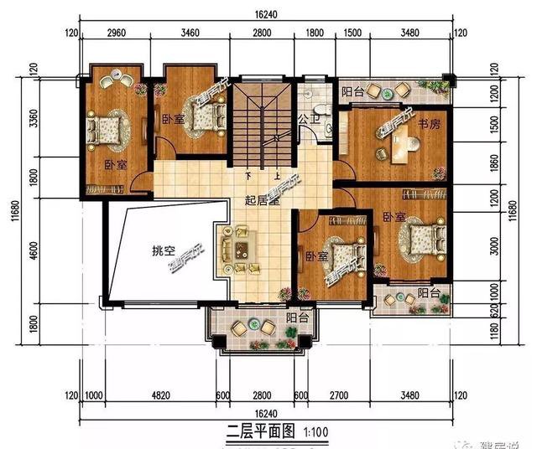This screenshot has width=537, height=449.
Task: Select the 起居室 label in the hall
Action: click(x=261, y=200)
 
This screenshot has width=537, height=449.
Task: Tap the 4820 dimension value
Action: click(x=159, y=395)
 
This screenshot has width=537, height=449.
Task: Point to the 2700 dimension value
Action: click(x=337, y=395)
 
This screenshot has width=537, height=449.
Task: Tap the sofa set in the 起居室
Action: click(x=239, y=249)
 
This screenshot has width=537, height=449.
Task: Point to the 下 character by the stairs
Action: click(x=249, y=177)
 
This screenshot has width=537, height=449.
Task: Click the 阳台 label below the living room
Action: click(x=295, y=318)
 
